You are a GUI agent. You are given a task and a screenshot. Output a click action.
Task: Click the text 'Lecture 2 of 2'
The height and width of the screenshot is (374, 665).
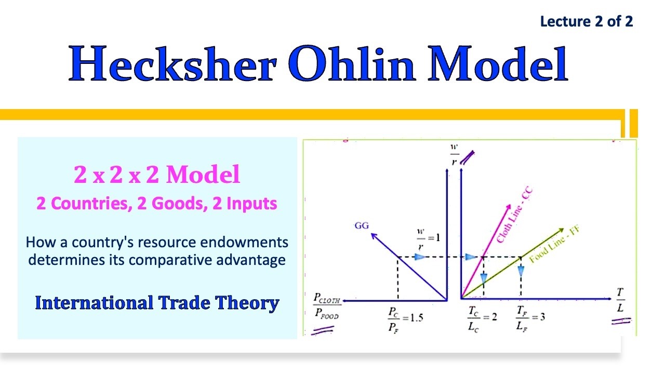coord(587,21)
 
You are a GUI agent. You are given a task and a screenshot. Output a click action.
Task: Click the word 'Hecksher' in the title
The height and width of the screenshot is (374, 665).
coord(172,63)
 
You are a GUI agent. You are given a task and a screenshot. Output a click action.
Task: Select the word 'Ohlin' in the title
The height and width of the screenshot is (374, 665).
coord(352,63)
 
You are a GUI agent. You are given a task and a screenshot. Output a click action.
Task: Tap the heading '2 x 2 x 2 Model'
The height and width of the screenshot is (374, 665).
coord(157,174)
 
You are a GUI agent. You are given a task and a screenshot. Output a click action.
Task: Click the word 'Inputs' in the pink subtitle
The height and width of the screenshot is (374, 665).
coord(252,204)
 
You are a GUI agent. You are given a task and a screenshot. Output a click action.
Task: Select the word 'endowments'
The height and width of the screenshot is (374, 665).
coord(244,242)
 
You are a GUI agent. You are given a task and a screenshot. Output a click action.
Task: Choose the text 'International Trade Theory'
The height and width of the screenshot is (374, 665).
coord(157,303)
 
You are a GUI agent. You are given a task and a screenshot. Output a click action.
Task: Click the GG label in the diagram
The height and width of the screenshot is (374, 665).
coord(362,225)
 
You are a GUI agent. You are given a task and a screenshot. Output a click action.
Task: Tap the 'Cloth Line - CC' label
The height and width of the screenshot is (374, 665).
coord(514,215)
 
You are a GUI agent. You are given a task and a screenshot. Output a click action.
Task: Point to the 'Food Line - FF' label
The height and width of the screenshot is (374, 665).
coord(554,244)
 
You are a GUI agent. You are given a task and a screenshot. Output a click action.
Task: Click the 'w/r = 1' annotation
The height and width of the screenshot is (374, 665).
coord(428,239)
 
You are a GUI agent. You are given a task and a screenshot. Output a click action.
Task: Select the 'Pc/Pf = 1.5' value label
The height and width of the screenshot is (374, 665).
coord(406,320)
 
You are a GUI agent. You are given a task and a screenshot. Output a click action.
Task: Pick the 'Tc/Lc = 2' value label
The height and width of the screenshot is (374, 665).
coord(482,319)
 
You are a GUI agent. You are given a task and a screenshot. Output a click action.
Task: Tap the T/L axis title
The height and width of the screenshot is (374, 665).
coord(620,300)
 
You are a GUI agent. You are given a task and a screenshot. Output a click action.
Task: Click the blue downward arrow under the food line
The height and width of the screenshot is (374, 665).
coord(521,271)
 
